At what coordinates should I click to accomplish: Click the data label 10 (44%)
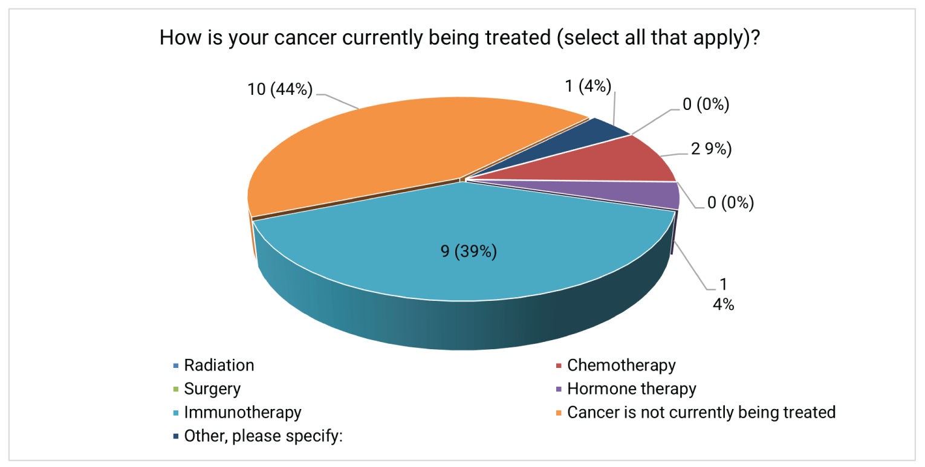point(280,91)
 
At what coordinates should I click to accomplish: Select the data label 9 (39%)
point(469,251)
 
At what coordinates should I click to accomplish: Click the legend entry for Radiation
point(219,366)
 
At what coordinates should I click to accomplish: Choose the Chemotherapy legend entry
point(622,366)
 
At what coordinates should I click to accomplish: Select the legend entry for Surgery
point(212,389)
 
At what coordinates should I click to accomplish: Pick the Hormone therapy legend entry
point(632,389)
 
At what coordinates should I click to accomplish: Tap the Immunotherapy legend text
point(242,413)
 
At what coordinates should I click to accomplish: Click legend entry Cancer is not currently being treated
point(701,413)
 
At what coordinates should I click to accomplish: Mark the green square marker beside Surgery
point(175,390)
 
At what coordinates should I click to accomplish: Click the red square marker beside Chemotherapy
point(559,366)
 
